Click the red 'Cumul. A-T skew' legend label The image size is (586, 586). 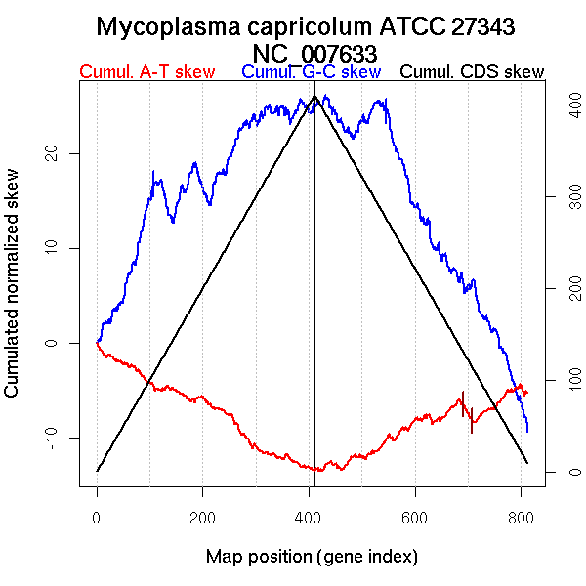[x=146, y=72]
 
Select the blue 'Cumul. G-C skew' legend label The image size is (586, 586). [x=311, y=72]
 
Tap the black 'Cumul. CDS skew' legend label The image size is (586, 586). [x=473, y=72]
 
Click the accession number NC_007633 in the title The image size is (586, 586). [x=314, y=52]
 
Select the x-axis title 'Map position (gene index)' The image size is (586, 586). [x=312, y=557]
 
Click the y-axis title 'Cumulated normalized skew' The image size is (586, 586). [x=13, y=295]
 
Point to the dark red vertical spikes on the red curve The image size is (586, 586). [x=467, y=410]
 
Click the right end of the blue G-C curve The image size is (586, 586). [x=527, y=430]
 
